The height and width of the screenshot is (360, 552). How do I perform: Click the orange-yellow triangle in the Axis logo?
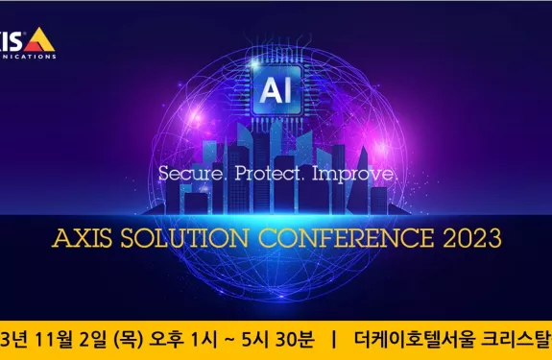pos(39,39)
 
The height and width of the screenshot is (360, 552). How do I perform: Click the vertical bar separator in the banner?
pos(333,339)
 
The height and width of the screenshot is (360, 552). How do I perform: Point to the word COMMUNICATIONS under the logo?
pos(29,56)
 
